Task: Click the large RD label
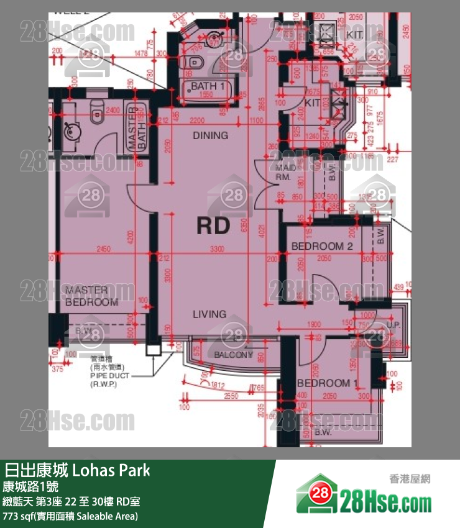[213, 226]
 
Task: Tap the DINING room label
[210, 135]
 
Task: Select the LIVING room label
[209, 315]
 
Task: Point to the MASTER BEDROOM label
[91, 296]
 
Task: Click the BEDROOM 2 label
[322, 247]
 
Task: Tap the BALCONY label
[233, 355]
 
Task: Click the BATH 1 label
[203, 86]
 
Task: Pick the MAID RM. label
[285, 172]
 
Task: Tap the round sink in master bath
[70, 131]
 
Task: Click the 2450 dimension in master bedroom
[103, 249]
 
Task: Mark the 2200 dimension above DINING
[198, 120]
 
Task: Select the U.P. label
[393, 325]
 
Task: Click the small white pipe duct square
[152, 350]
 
